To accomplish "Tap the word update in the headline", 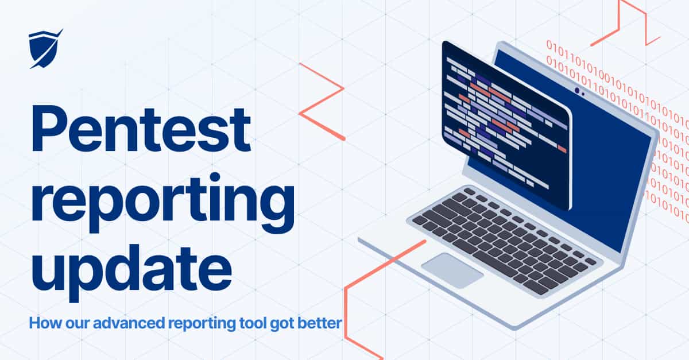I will pyautogui.click(x=131, y=269).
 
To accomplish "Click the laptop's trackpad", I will pyautogui.click(x=452, y=270).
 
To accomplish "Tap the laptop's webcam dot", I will pyautogui.click(x=577, y=91).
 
